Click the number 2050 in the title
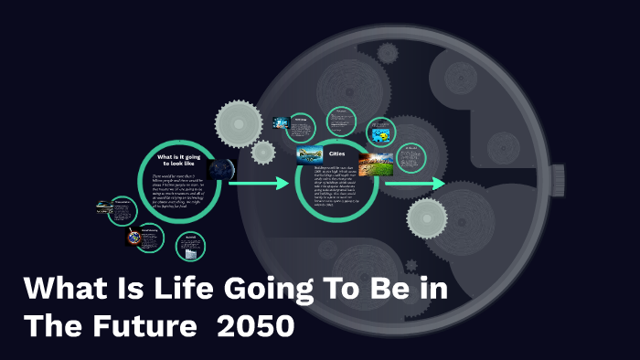(x=261, y=325)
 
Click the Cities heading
(x=336, y=154)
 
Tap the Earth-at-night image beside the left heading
(x=220, y=169)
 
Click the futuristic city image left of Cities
(x=308, y=155)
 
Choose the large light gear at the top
(x=240, y=120)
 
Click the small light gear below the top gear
(x=263, y=153)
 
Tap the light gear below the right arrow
(x=426, y=218)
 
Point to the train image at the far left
(x=104, y=208)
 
